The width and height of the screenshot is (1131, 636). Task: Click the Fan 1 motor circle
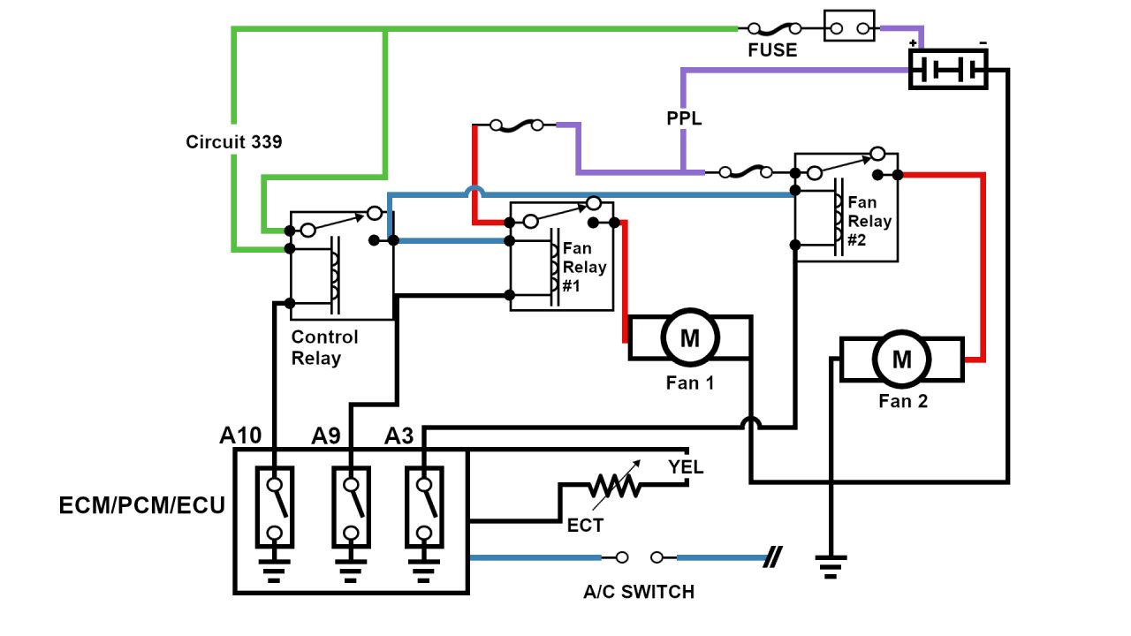[x=690, y=337]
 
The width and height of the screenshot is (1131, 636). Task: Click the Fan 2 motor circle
[x=902, y=360]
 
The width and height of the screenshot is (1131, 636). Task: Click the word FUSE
[x=772, y=50]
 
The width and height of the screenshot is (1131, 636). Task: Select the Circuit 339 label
[x=234, y=141]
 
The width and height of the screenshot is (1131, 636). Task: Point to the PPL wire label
[x=684, y=118]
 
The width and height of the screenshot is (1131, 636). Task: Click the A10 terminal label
[x=240, y=435]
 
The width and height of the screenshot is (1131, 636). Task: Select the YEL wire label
[x=686, y=467]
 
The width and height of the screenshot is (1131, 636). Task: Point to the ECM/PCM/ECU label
[x=141, y=506]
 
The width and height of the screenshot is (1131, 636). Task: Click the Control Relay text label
[x=325, y=348]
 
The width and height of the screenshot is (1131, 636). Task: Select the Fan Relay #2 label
[x=869, y=221]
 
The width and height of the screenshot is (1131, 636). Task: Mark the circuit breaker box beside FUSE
[x=849, y=26]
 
